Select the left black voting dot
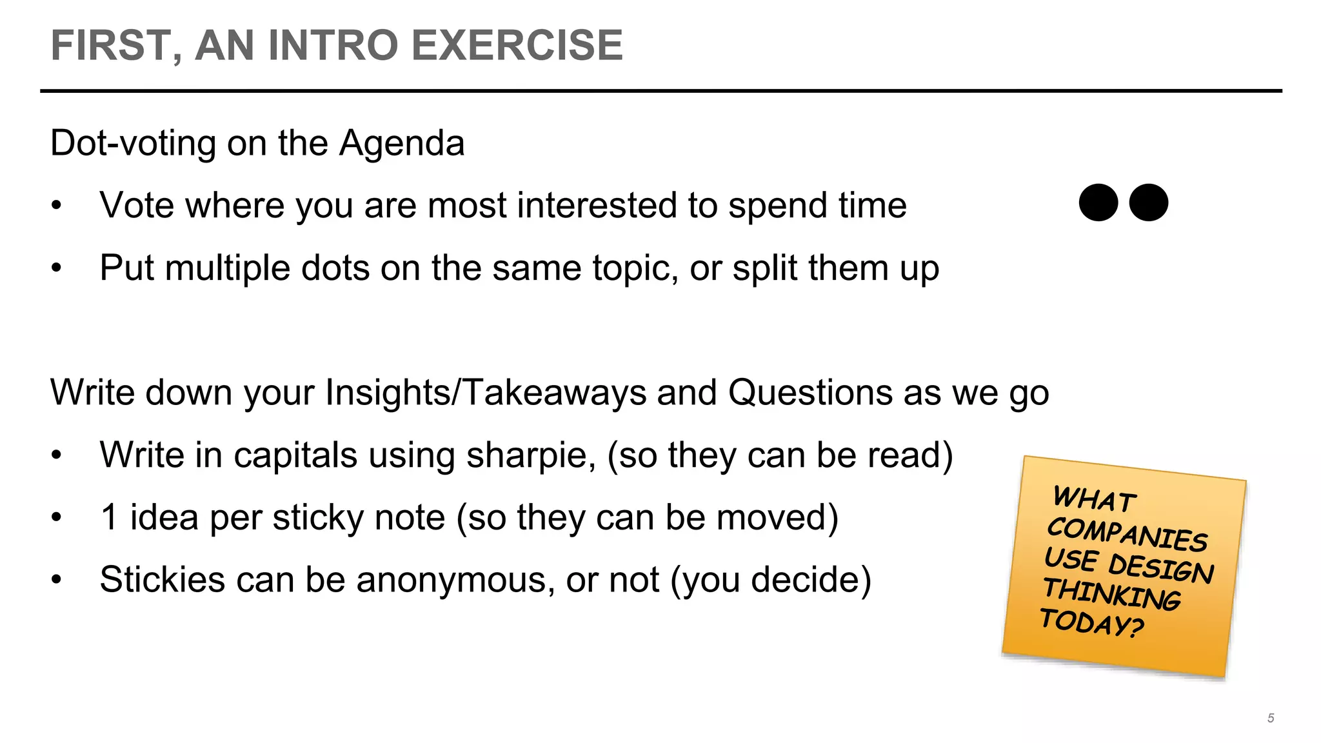pos(1098,203)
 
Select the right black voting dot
pos(1149,203)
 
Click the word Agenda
pos(401,143)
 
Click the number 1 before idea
pos(110,517)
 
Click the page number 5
pos(1271,718)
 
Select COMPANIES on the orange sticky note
pos(1127,534)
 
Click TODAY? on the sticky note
pos(1091,622)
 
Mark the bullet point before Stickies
pos(57,579)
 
